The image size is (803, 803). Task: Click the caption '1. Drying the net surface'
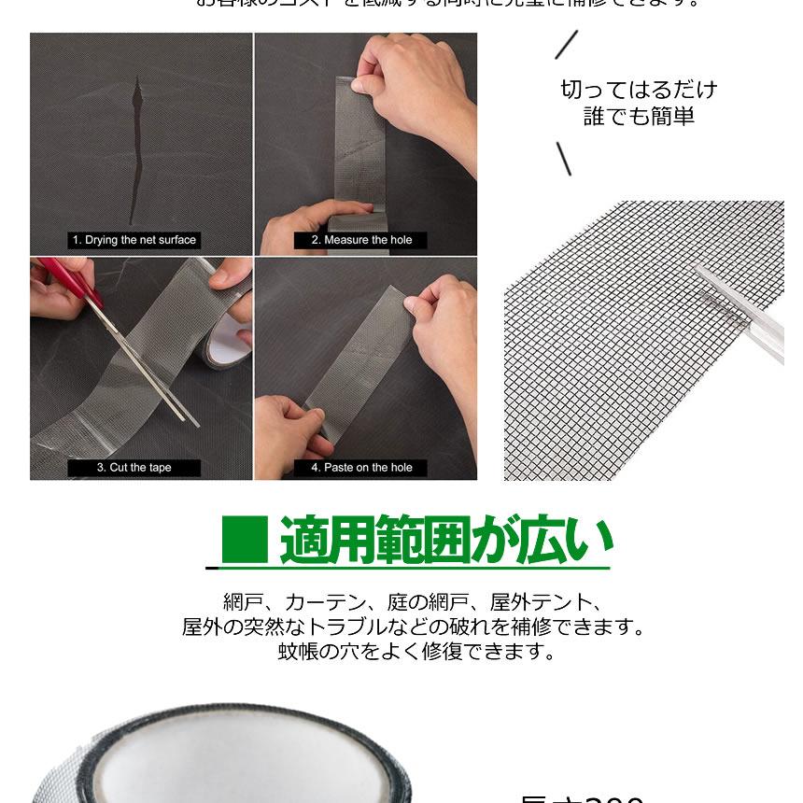coord(134,240)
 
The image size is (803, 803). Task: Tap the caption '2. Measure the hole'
coord(361,240)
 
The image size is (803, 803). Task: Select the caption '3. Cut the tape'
coord(134,468)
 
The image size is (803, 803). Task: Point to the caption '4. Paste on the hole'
coord(361,468)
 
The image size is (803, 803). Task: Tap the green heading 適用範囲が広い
coord(446,541)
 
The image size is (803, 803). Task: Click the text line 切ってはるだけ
coord(639,90)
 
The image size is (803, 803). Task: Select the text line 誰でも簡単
coord(639,117)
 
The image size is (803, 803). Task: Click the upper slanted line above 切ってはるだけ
coord(566,45)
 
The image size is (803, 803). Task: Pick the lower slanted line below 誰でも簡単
coord(563,159)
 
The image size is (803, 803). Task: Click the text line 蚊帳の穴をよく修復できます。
coord(416,652)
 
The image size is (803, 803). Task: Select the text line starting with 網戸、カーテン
coord(412,602)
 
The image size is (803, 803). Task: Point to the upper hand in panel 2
coord(411,89)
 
